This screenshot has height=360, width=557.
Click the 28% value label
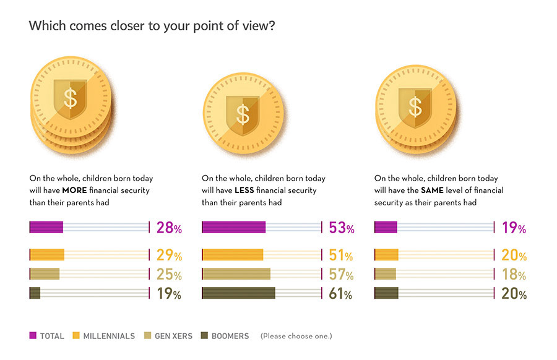(169, 228)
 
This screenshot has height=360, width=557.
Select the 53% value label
(342, 228)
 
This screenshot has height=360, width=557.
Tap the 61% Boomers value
(340, 294)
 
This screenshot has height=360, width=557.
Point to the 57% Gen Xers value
(341, 275)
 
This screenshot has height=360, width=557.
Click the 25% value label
(169, 275)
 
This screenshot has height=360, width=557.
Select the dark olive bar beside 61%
(239, 294)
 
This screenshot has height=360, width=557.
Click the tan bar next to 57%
(236, 274)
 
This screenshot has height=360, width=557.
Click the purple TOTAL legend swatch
(33, 336)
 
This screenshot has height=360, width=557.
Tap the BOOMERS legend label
(230, 336)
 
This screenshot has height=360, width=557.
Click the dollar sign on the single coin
(243, 114)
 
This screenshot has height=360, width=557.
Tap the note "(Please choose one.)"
(296, 336)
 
